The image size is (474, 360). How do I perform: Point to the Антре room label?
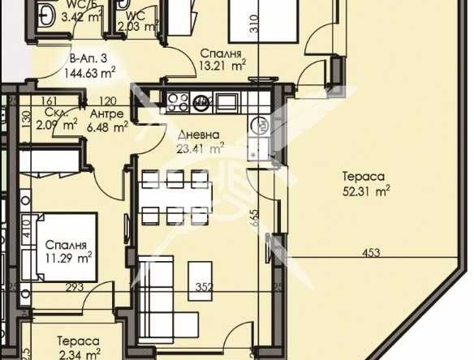pos(106,113)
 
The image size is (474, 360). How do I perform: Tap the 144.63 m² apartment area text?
pos(89,71)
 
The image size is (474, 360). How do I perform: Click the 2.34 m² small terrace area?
pos(78,354)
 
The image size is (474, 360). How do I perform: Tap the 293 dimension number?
pos(75,286)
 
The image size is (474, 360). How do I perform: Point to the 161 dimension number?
pos(45,101)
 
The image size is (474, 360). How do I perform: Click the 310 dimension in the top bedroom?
pos(254,23)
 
